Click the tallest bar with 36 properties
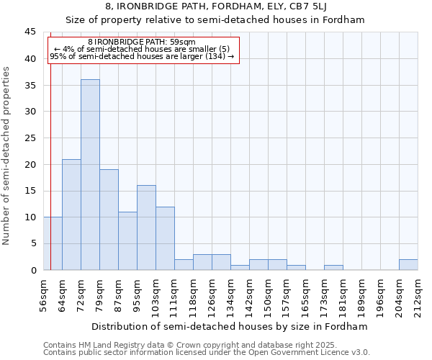pos(90,175)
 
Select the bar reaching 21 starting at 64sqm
pos(71,215)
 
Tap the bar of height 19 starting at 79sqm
pos(109,220)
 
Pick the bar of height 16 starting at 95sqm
pos(146,228)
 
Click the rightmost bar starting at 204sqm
pos(408,265)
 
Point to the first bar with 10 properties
pos(53,243)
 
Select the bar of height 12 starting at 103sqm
pos(165,238)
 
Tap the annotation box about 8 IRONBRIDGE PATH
pos(143,49)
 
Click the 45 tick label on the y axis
pos(30,32)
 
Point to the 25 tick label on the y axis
pos(30,138)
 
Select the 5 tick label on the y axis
pos(33,244)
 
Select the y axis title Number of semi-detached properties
pos(7,155)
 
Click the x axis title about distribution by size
pos(230,326)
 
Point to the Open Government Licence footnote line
pos(207,353)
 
